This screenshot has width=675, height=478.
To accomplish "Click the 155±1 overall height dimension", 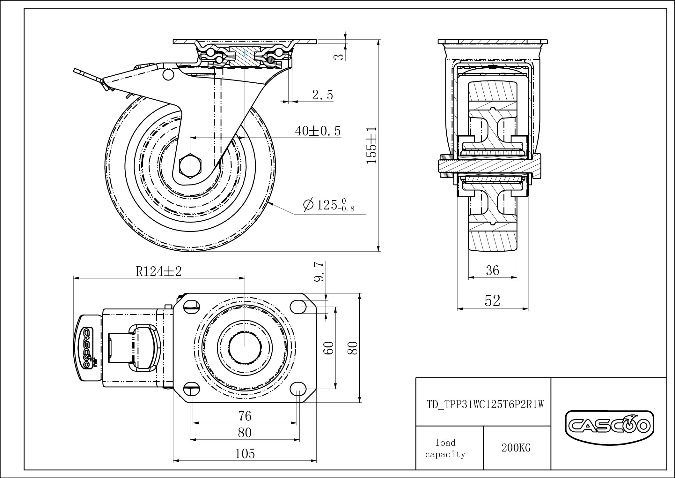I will (372, 145).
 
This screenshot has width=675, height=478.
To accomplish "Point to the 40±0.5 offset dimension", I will (318, 131).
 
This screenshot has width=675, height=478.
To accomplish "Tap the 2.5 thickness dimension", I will (322, 95).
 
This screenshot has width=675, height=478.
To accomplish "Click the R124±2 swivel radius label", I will (159, 271).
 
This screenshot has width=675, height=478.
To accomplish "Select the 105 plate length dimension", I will (245, 453).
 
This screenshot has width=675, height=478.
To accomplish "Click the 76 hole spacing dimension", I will (245, 416).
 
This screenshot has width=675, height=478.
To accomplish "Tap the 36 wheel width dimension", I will (492, 270).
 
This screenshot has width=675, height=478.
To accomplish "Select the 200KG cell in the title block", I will (516, 448).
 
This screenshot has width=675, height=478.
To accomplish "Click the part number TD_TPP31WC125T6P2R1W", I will (485, 405).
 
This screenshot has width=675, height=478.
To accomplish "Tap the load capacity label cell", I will (445, 448).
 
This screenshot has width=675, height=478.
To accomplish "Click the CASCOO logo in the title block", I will (609, 426).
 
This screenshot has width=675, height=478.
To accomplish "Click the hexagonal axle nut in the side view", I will (190, 165).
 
